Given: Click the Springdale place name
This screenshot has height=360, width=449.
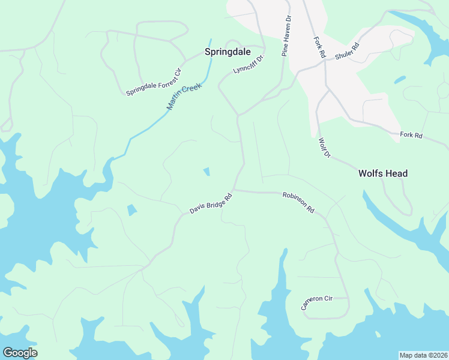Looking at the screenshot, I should [228, 52].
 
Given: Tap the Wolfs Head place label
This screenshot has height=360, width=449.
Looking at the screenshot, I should [383, 173].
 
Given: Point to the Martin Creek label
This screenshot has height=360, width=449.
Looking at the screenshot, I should [184, 97].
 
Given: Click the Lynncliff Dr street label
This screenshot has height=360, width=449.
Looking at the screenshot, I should [249, 65].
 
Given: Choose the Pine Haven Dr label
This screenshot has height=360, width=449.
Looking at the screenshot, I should [286, 37].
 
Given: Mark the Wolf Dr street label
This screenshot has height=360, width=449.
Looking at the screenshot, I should [324, 148].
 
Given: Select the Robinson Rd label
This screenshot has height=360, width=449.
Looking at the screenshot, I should [298, 203].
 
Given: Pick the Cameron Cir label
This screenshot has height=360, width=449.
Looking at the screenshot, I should [317, 302].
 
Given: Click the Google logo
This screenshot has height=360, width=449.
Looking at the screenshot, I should [20, 353].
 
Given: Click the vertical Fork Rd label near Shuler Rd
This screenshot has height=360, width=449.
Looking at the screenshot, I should [319, 47].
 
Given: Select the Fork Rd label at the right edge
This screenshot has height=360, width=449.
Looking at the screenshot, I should [411, 136].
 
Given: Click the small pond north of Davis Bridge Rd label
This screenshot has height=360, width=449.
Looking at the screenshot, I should [206, 172].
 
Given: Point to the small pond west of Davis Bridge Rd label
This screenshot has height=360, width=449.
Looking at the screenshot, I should [132, 210].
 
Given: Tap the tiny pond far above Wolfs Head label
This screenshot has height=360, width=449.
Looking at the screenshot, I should [400, 79].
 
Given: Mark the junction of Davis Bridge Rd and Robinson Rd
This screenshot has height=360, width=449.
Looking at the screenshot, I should [234, 190].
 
